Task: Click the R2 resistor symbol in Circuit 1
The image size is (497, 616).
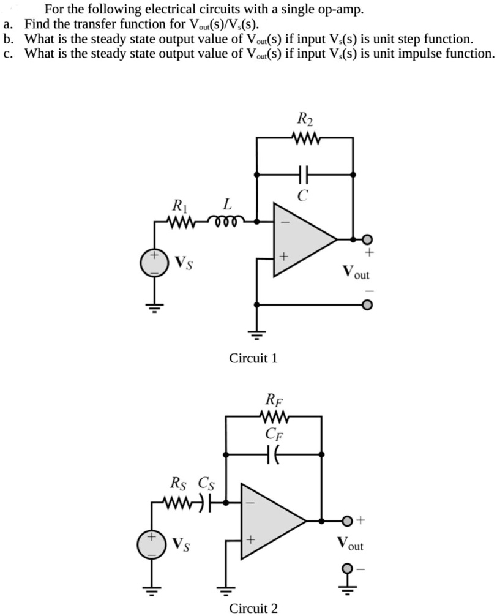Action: click(x=304, y=138)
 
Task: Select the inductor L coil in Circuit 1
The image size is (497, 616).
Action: click(x=228, y=219)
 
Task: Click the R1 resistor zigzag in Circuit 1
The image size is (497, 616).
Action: click(x=182, y=219)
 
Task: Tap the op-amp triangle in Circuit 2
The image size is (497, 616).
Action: click(x=269, y=520)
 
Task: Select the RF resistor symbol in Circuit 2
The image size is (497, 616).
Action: click(x=273, y=416)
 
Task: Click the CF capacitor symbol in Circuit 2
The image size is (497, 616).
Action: click(x=272, y=454)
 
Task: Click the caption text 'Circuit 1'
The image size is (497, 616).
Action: click(x=253, y=358)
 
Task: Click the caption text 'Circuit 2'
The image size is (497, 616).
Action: click(x=253, y=608)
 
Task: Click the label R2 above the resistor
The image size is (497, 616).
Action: click(x=304, y=118)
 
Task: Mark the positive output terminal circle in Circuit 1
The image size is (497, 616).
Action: click(x=367, y=239)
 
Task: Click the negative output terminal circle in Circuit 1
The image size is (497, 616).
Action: click(x=367, y=304)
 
